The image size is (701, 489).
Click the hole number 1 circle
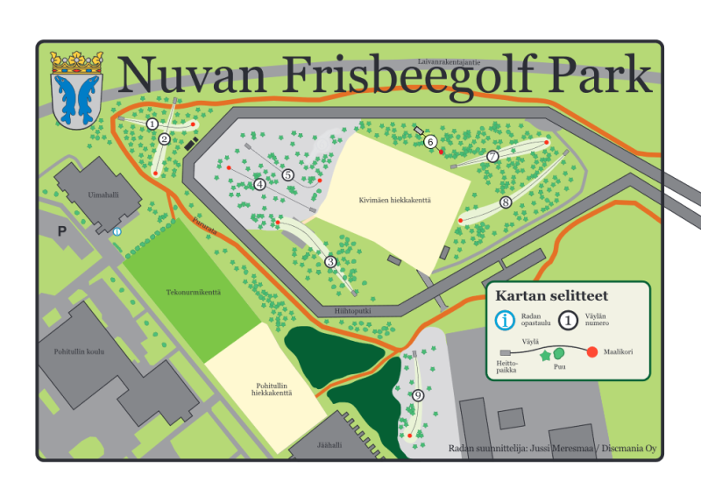tap(152, 124)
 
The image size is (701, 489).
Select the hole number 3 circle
tap(330, 261)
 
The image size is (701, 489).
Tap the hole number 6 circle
tap(430, 141)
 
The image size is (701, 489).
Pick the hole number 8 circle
tap(506, 202)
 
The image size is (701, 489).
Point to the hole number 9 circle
tap(418, 395)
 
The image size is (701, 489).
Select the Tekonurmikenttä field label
tap(194, 292)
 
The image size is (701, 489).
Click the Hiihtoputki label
tap(354, 310)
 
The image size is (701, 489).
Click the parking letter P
tap(61, 231)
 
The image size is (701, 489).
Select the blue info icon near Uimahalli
tap(117, 231)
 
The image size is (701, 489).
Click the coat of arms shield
tap(77, 96)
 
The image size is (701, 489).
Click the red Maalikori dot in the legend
tap(592, 352)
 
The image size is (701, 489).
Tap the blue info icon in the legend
tap(506, 321)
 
